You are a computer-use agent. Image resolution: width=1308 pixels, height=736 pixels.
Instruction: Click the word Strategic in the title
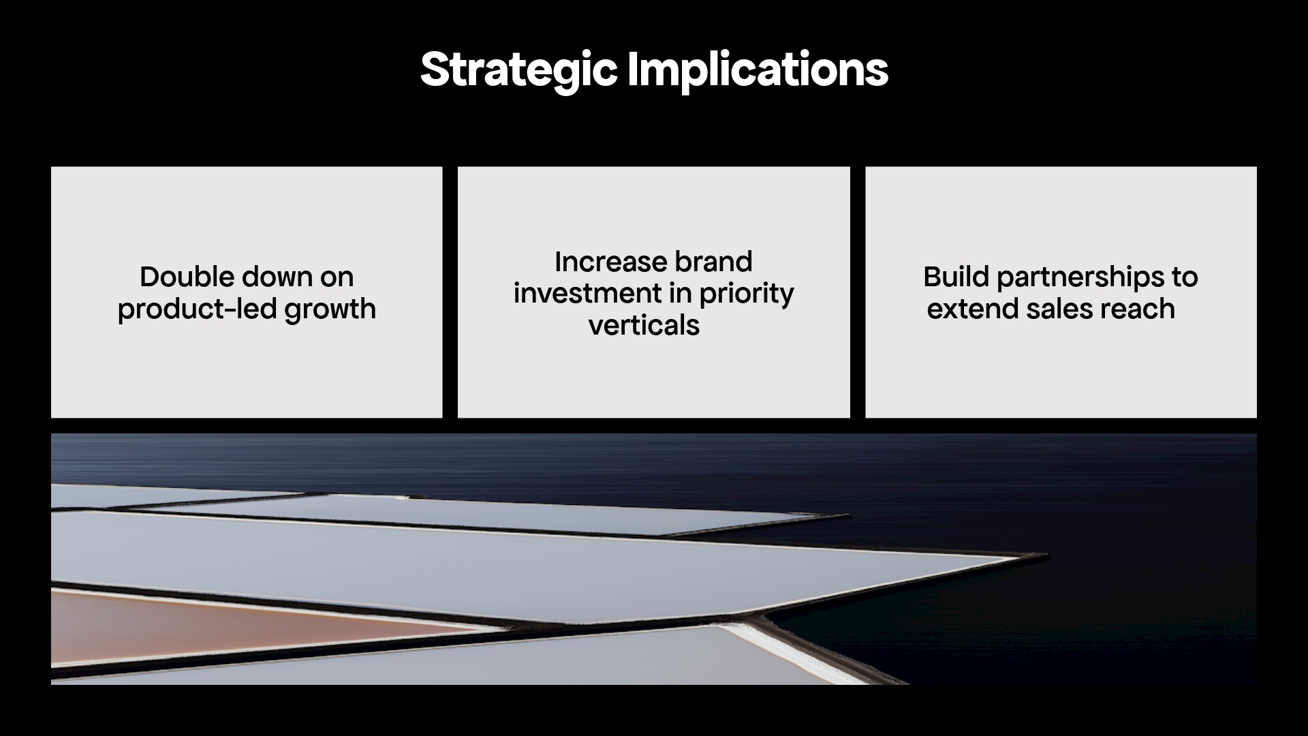518,70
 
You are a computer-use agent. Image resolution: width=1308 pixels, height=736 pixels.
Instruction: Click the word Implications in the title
757,70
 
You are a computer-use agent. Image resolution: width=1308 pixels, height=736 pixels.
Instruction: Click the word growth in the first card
330,309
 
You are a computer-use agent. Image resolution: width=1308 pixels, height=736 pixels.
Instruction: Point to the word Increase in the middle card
610,262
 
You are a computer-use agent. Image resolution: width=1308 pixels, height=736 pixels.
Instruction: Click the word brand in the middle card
713,262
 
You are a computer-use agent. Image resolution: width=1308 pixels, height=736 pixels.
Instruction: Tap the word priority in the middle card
746,294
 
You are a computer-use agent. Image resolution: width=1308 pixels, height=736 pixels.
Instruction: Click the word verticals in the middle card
644,326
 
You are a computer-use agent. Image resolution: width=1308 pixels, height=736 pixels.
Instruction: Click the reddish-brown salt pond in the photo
204,624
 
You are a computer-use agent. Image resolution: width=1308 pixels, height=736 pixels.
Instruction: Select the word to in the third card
1185,277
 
